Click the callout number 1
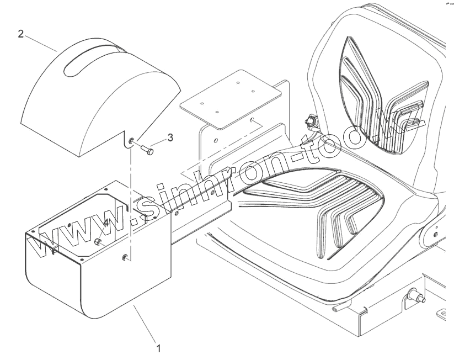tap(159, 348)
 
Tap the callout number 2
tap(21, 34)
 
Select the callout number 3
tap(170, 137)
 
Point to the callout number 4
tap(105, 223)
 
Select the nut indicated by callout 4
tap(97, 241)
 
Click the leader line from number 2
tap(42, 44)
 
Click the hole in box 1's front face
tap(126, 256)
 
